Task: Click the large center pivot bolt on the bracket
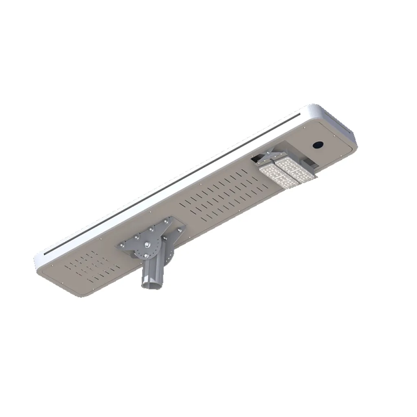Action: [x=147, y=245]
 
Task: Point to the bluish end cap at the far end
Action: [x=342, y=122]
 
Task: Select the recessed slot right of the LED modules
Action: [x=310, y=163]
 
